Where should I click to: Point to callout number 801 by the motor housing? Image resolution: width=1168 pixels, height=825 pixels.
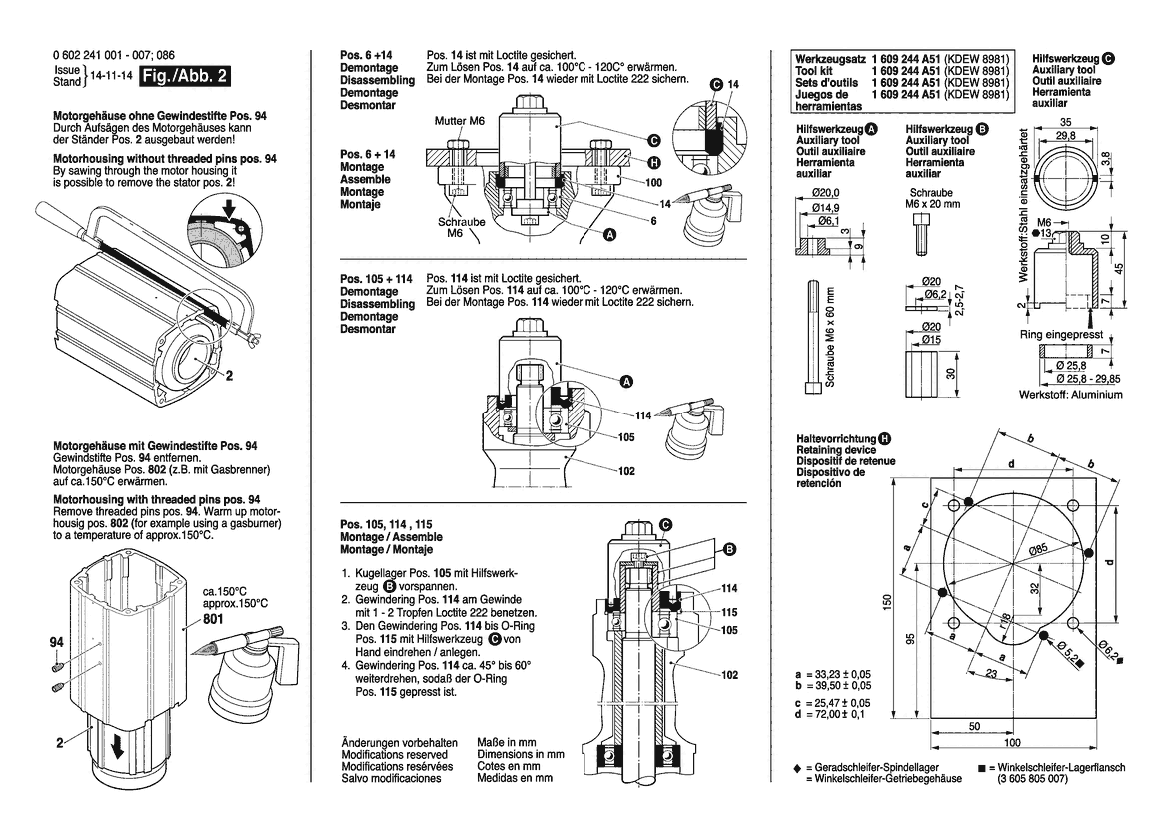[213, 618]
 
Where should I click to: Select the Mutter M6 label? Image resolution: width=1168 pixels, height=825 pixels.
[459, 121]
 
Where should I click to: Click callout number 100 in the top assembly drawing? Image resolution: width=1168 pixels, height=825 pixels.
[654, 183]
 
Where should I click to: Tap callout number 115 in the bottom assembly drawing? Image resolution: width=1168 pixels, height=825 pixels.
[730, 611]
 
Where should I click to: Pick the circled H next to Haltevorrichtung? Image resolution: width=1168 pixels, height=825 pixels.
[885, 439]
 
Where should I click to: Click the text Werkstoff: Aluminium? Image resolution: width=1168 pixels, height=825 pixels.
[1069, 395]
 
